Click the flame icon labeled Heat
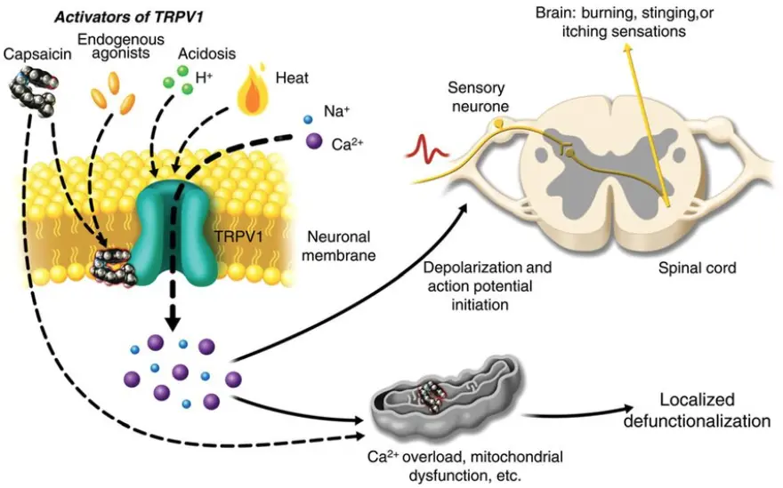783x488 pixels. [253, 93]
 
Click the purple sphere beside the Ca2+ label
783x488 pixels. [313, 141]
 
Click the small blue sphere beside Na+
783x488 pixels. [309, 118]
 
